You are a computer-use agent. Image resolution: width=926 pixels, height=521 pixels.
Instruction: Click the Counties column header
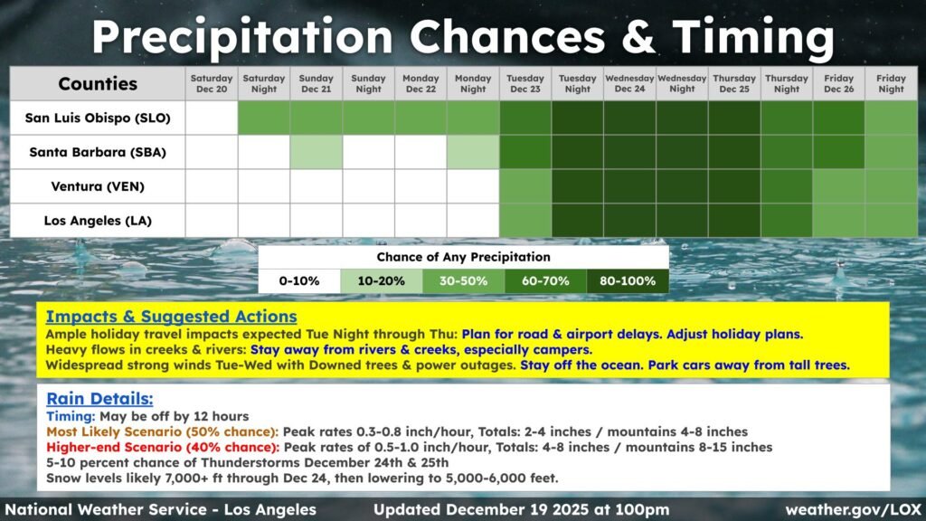coord(98,84)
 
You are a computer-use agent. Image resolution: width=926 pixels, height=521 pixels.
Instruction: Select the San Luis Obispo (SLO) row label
coord(98,118)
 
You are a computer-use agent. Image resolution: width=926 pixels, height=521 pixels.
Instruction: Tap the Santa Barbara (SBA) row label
coord(98,152)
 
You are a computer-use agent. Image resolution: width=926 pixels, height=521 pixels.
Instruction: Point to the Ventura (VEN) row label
coord(98,186)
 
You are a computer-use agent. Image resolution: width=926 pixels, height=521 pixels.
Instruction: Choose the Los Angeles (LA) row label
coord(98,221)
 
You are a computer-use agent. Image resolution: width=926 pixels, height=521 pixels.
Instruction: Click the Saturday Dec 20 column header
coord(212,84)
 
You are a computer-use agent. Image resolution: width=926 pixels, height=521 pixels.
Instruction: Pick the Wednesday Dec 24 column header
coord(629,84)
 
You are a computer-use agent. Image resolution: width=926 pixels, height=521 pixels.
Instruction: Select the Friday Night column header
coord(891,84)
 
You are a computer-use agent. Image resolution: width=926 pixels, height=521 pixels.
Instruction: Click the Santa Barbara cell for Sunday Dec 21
coord(316,152)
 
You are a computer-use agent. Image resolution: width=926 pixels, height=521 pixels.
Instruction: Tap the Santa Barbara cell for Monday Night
coord(473,152)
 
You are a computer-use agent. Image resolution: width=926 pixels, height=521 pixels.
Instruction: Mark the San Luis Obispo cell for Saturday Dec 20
coord(212,118)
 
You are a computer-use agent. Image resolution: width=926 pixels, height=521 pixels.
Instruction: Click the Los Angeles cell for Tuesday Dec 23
coord(525,221)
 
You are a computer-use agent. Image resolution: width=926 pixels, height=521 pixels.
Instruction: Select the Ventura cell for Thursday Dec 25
coord(734,186)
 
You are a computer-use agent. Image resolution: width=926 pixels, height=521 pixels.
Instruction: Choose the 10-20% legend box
coord(381,281)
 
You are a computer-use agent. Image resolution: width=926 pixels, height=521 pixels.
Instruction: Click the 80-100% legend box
coord(628,281)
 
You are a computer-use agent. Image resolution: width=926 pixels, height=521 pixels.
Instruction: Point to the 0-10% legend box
coord(299,281)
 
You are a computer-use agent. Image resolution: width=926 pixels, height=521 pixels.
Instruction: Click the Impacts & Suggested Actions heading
coord(171,317)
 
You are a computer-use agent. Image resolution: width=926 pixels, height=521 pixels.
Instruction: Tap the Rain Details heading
coord(99,399)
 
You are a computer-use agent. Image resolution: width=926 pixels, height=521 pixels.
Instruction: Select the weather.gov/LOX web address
coord(853,510)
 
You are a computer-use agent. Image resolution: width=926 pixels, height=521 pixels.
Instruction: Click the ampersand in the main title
coord(638,36)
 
